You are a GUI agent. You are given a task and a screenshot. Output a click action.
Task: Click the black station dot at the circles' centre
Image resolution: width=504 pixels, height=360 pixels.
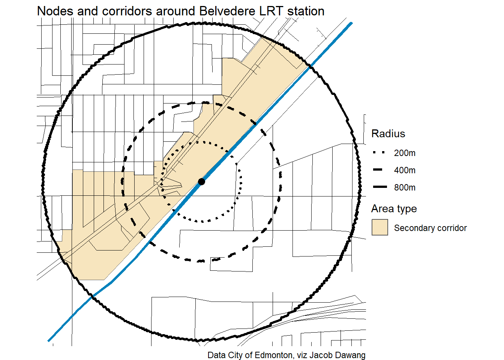coord(201,181)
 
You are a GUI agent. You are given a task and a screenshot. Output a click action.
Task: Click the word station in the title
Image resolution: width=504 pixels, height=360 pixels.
coord(306,11)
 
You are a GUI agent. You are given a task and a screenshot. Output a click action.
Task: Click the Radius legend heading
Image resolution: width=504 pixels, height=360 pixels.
coord(388,133)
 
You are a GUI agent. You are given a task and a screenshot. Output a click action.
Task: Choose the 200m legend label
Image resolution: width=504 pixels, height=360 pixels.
coord(405,153)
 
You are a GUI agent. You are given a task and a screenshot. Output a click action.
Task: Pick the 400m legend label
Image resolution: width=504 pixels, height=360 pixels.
coord(405,170)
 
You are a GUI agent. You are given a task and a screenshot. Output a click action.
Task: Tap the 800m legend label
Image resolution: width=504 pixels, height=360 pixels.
coord(405,187)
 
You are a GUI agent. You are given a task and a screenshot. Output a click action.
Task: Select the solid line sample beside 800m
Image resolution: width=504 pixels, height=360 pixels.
coord(379,187)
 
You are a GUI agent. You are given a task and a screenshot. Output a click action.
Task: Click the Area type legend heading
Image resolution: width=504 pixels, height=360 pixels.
coord(394,208)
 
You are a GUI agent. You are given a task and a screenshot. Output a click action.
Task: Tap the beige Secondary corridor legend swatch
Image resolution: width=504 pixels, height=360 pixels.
coord(379,228)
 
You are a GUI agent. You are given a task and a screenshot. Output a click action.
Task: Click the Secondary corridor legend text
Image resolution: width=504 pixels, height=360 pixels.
coord(430,228)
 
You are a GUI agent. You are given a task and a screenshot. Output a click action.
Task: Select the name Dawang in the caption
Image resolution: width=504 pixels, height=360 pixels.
coord(351,355)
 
